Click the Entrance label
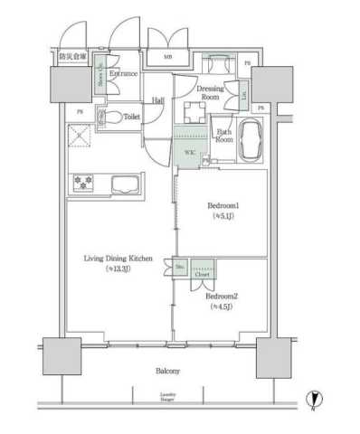point(125,74)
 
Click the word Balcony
point(166,371)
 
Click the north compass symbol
point(314,399)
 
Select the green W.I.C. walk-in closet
point(189,151)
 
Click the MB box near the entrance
point(169,58)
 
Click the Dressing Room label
point(212,93)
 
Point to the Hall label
point(158,99)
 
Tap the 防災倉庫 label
point(72,57)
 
